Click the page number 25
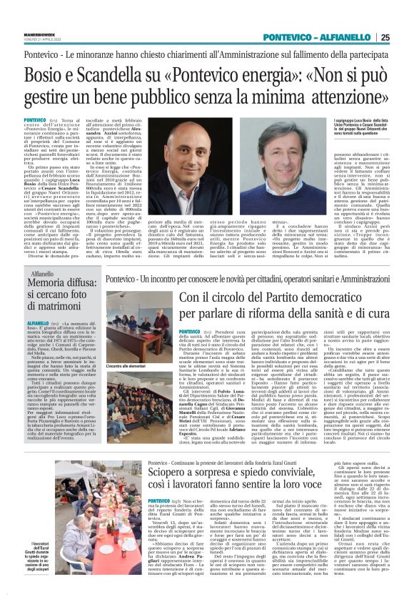point(385,37)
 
